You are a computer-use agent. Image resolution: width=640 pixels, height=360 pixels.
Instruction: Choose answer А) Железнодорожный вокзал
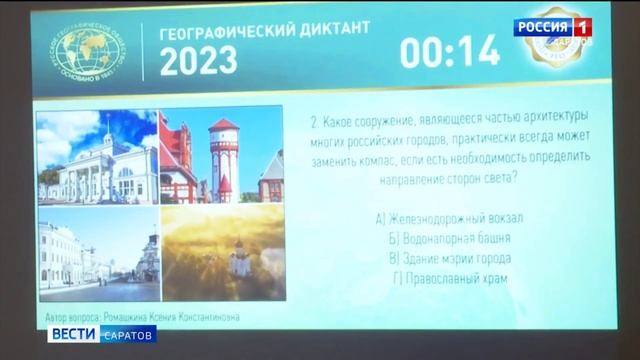(x=449, y=218)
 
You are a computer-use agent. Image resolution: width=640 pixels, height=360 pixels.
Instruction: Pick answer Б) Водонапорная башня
(x=449, y=238)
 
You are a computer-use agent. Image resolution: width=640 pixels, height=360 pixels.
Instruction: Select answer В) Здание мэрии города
(x=449, y=258)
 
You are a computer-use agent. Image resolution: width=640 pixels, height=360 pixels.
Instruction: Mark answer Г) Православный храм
(x=449, y=278)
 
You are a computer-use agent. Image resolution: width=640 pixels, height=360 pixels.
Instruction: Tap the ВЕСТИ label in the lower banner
(x=73, y=333)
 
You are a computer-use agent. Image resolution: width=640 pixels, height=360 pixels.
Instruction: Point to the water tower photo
(x=221, y=157)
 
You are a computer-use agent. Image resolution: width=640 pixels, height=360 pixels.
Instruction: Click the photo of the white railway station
(x=97, y=157)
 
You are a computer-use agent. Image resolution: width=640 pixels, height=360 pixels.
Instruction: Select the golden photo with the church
(x=221, y=253)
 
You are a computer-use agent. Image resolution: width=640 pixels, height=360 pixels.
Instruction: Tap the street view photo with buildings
(x=97, y=253)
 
